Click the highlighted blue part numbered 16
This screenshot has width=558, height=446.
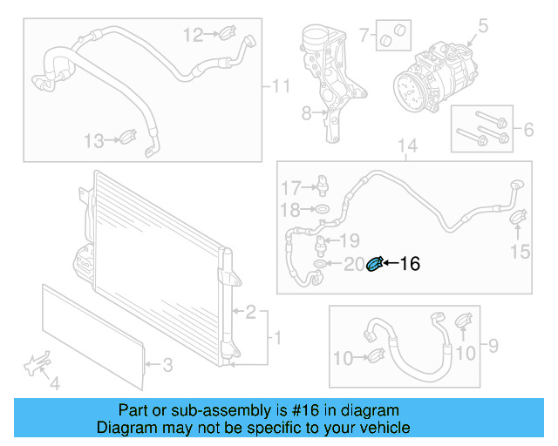click(376, 263)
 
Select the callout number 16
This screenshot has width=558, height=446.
click(409, 264)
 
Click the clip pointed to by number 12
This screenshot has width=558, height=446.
click(225, 35)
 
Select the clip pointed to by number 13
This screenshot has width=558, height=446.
click(126, 138)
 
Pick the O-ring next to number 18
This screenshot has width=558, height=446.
click(321, 210)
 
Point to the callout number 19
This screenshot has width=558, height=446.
click(349, 240)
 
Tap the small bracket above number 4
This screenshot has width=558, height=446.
click(37, 364)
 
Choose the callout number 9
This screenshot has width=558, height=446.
click(493, 347)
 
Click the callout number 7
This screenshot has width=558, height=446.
click(364, 36)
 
